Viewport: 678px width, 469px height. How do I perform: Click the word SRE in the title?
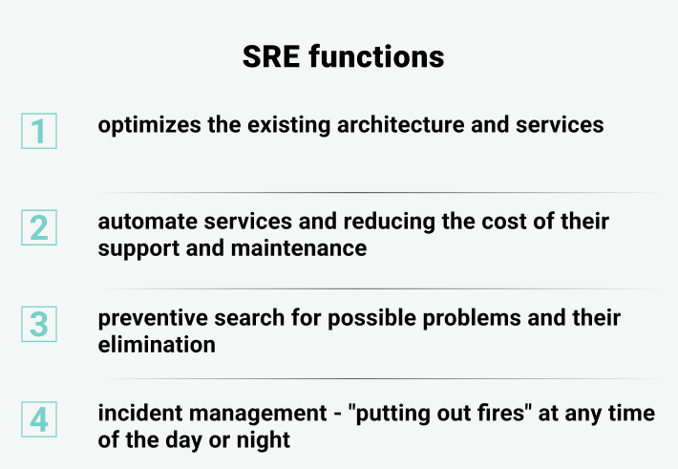(x=271, y=56)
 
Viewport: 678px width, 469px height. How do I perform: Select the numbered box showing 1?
(x=39, y=131)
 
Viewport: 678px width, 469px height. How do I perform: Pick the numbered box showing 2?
(x=39, y=227)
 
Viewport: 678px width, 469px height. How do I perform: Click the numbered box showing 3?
(x=39, y=324)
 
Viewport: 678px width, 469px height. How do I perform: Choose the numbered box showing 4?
(x=39, y=419)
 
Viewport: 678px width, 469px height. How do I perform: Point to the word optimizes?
(x=149, y=126)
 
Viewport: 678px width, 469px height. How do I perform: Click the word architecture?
(x=400, y=124)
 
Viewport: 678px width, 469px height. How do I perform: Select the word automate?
(x=147, y=222)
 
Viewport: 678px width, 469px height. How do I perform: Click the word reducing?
(x=390, y=223)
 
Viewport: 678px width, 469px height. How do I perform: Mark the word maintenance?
(x=299, y=248)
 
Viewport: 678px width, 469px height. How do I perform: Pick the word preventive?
(x=153, y=319)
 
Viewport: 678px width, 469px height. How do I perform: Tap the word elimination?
(x=157, y=345)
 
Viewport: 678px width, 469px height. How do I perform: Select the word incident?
(x=140, y=414)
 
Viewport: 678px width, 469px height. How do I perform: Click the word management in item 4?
(x=258, y=415)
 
